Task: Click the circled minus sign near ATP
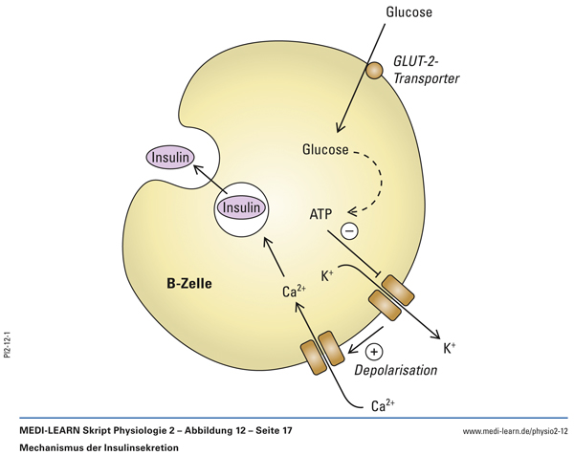(350, 231)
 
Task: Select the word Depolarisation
(395, 369)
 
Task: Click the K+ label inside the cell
(329, 275)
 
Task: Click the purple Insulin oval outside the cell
(169, 157)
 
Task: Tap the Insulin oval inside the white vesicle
(240, 206)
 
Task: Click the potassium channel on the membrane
(388, 299)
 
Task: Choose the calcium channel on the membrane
(321, 351)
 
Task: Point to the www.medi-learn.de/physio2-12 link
(515, 432)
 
